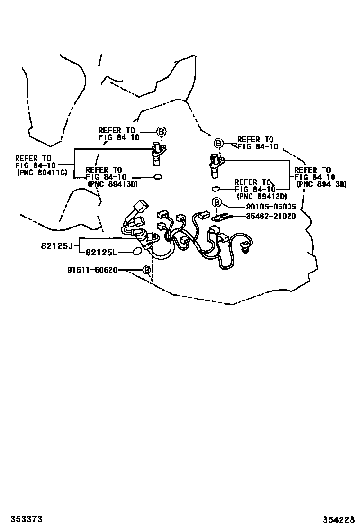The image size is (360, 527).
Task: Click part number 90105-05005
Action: (x=270, y=207)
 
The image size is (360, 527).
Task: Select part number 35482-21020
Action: (x=270, y=217)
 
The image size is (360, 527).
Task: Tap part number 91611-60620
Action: (x=92, y=270)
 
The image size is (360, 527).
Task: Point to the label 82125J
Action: (x=57, y=246)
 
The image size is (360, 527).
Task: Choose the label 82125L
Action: (x=101, y=253)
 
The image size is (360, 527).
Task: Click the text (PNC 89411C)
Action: (x=42, y=173)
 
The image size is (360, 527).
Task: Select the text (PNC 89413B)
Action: (x=321, y=184)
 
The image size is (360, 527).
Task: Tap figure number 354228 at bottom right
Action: (x=339, y=519)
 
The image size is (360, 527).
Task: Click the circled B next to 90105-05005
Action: (x=216, y=202)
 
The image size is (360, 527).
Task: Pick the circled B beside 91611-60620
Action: (x=146, y=270)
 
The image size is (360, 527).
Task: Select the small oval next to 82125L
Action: (x=138, y=251)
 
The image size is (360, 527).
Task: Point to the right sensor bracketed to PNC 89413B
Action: (x=215, y=165)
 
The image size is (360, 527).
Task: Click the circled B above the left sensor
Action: (x=161, y=131)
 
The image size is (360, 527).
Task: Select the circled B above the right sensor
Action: (x=218, y=144)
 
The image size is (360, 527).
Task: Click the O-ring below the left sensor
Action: (x=157, y=177)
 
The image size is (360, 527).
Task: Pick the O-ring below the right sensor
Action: (x=216, y=189)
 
